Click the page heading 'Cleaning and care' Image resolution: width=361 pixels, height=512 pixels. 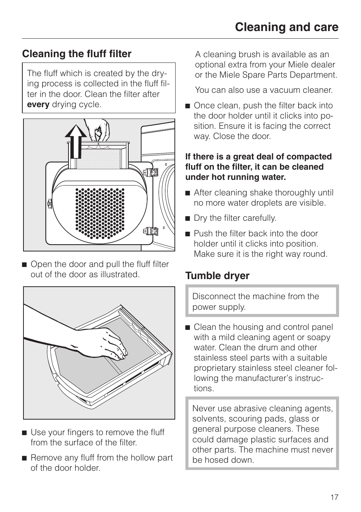[x=286, y=27]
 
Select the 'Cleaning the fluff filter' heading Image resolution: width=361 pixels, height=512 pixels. [x=77, y=54]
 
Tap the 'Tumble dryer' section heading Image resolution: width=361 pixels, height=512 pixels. [x=217, y=276]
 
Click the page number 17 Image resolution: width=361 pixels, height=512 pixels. [x=334, y=497]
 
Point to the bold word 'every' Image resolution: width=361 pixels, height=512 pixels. [x=38, y=105]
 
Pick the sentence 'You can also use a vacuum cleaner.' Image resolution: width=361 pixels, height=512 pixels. [x=264, y=90]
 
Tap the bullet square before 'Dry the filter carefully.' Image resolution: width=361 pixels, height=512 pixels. [x=187, y=219]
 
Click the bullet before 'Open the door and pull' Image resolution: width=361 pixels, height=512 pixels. [x=24, y=265]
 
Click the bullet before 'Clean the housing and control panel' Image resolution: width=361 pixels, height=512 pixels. [x=187, y=328]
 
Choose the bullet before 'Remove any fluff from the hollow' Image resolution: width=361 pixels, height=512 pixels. [x=24, y=458]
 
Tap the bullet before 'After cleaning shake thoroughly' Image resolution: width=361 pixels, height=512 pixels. [x=187, y=193]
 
